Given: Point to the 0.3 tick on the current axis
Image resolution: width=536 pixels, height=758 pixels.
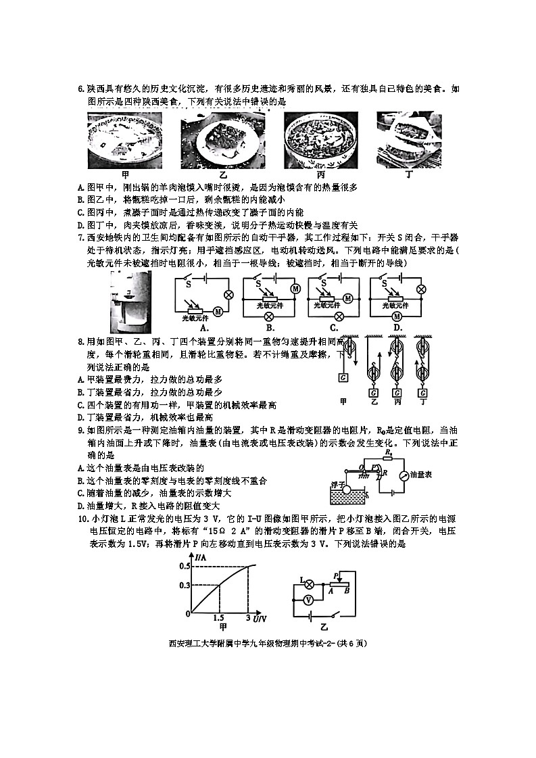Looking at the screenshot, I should tap(185, 584).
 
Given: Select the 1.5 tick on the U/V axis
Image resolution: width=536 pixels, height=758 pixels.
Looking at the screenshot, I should tap(218, 618).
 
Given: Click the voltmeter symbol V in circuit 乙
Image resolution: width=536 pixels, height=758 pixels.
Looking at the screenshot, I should tap(308, 599).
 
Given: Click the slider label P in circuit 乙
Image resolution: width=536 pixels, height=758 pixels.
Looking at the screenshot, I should tap(335, 574).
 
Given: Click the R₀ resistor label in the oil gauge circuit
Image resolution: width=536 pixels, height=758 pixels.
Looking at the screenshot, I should tap(388, 451).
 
